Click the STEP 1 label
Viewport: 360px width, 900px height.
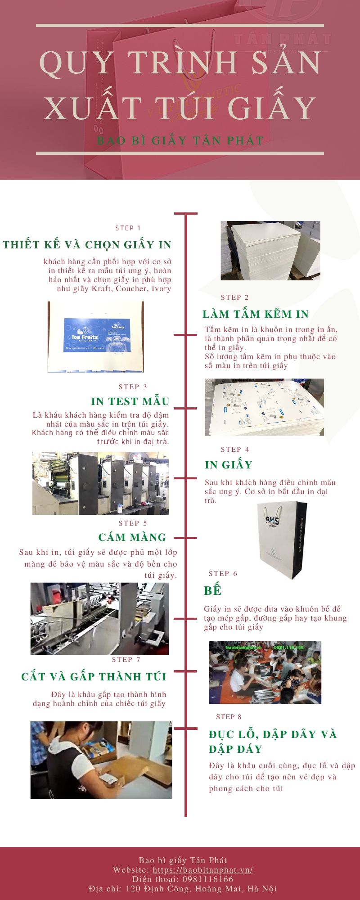[128, 228]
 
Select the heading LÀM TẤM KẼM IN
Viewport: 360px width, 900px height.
[256, 314]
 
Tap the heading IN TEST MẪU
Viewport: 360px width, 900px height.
[130, 401]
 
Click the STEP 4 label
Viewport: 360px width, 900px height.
[235, 450]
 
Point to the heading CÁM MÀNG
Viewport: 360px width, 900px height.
[132, 537]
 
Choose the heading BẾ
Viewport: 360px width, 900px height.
[212, 590]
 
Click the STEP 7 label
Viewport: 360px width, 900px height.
[126, 660]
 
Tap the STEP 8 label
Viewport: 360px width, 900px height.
[229, 717]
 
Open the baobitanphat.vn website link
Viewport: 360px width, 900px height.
[202, 870]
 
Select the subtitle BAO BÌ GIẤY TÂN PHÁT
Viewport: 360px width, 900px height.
[180, 140]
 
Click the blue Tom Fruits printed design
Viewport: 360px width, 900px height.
[97, 335]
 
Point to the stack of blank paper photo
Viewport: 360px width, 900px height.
[270, 250]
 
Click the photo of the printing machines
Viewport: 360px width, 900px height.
[100, 483]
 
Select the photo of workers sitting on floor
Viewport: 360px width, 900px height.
[265, 672]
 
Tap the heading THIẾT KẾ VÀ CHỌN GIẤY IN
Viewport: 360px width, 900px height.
[87, 245]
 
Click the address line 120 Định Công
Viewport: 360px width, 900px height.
[182, 889]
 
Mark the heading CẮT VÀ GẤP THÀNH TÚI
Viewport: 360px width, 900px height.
[94, 677]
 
